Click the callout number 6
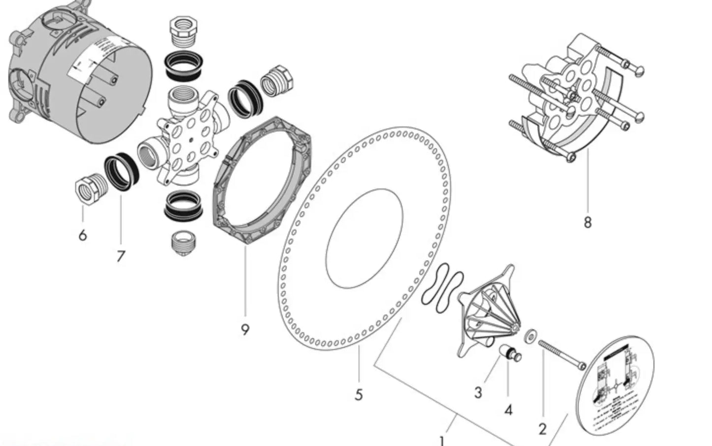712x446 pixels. [82, 235]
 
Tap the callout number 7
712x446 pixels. [121, 256]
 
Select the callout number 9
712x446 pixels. [245, 330]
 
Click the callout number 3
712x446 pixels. [478, 393]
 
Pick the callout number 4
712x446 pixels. [508, 409]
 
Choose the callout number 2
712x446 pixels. [542, 429]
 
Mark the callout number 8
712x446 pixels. [587, 223]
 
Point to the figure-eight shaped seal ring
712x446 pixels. [442, 288]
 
